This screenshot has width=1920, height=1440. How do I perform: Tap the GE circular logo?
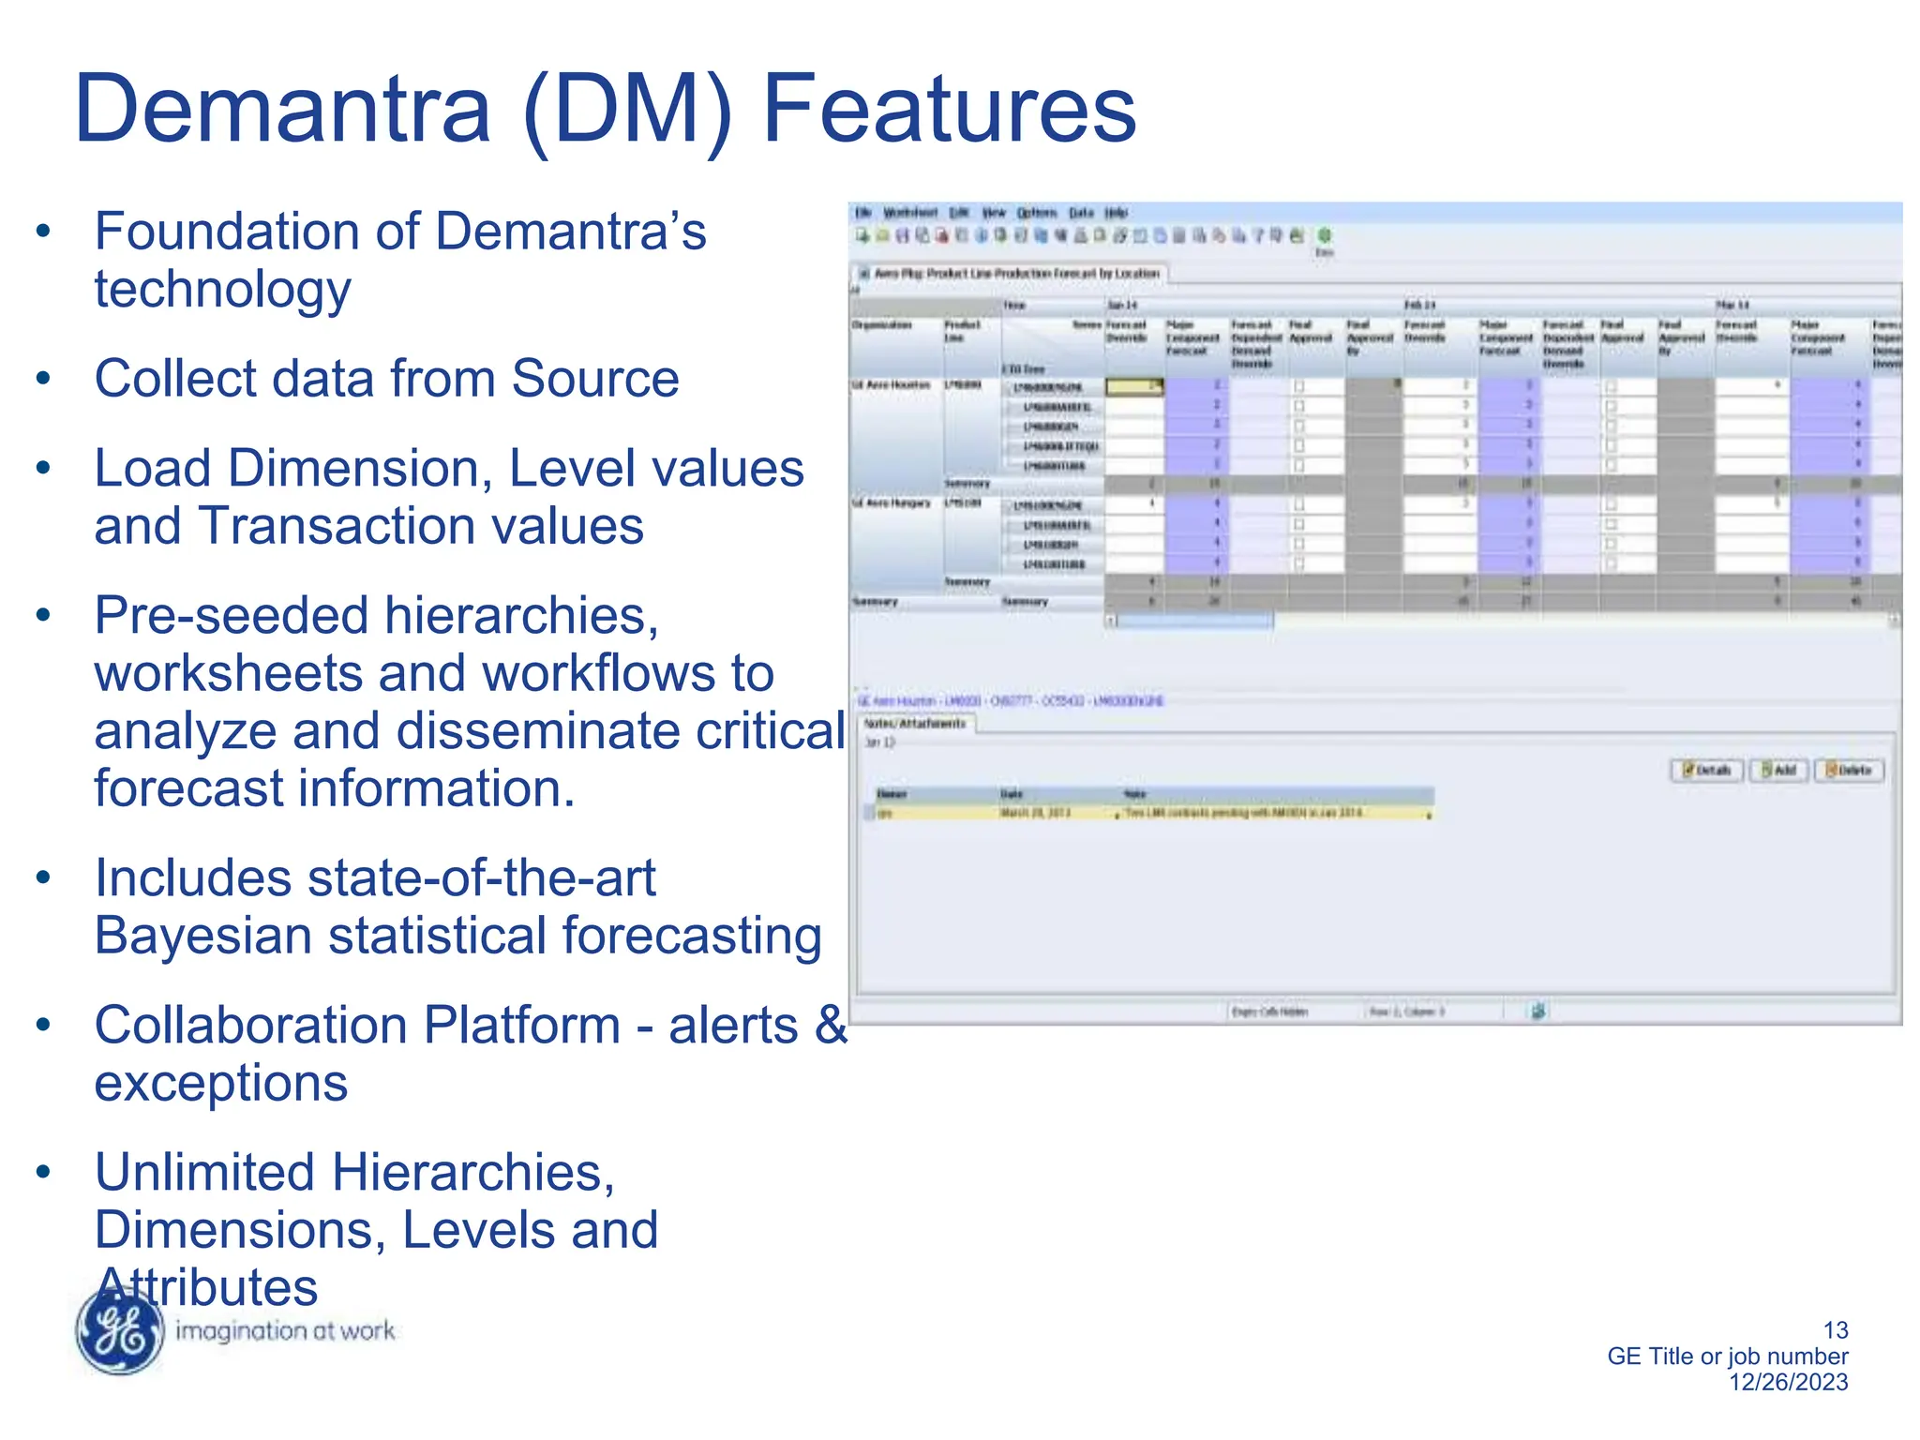pyautogui.click(x=121, y=1330)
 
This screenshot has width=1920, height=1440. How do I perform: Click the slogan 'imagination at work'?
pyautogui.click(x=285, y=1330)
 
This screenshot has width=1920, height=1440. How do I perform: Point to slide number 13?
pyautogui.click(x=1835, y=1329)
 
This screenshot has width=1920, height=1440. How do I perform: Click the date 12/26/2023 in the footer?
pyautogui.click(x=1788, y=1382)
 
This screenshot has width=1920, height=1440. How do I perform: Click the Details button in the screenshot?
pyautogui.click(x=1706, y=771)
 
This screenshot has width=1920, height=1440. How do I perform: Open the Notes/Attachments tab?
pyautogui.click(x=914, y=724)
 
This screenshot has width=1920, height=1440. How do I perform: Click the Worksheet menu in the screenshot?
pyautogui.click(x=909, y=213)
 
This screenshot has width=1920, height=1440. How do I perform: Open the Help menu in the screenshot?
pyautogui.click(x=1116, y=213)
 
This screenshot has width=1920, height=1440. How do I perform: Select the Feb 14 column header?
pyautogui.click(x=1419, y=306)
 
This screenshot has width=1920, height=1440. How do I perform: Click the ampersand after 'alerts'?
pyautogui.click(x=830, y=1025)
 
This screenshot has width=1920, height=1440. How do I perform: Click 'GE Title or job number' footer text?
pyautogui.click(x=1727, y=1356)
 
